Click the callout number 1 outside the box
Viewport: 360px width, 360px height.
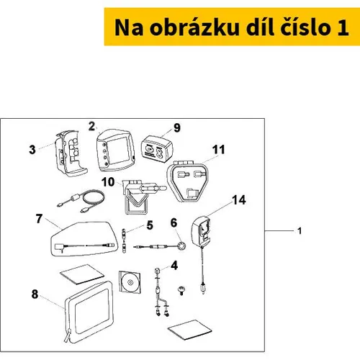pos(300,231)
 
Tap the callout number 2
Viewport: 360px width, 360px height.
pos(91,126)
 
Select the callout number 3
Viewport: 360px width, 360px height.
pos(32,150)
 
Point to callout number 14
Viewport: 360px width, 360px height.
pos(239,200)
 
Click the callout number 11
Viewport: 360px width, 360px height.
pos(218,150)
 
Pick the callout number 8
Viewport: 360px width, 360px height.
pos(35,294)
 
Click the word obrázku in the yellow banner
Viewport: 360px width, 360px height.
pos(194,27)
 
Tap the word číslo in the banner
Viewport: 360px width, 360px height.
pos(306,27)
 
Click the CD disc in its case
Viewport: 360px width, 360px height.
pos(130,282)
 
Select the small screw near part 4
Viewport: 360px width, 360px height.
pos(181,290)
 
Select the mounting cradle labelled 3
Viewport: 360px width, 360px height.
pos(70,153)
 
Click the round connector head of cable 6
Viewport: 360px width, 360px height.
pos(181,246)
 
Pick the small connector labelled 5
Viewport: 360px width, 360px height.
pos(124,240)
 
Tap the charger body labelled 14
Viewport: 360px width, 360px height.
pos(201,232)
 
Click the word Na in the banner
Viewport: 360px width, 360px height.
pos(129,27)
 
